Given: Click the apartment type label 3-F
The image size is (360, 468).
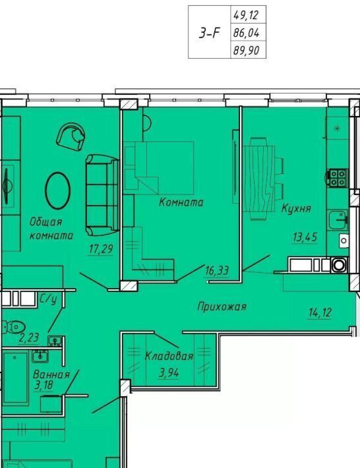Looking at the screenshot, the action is (209, 33).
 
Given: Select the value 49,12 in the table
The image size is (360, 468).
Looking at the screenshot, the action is (246, 15).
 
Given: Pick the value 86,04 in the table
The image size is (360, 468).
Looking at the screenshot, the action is (246, 32).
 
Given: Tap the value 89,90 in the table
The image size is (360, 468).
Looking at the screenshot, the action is (246, 50).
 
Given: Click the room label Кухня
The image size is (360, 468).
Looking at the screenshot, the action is (296, 208).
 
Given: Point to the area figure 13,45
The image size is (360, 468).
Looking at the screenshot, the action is (305, 237).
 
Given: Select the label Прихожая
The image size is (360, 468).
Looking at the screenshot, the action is (222, 307).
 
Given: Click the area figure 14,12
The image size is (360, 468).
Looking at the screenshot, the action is (320, 312).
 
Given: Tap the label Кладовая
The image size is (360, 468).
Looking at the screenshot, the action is (169, 356).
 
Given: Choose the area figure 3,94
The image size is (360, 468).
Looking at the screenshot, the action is (169, 373).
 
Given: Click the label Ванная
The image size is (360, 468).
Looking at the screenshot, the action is (51, 374).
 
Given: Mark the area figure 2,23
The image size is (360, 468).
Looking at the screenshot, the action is (29, 338).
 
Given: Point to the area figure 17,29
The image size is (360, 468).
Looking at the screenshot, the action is (101, 249).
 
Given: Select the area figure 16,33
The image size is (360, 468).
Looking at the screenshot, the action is (217, 271).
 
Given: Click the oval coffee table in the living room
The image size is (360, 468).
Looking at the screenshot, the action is (57, 190).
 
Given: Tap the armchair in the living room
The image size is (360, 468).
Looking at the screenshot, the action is (71, 136).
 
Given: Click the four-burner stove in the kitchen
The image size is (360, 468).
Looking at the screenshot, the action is (338, 178).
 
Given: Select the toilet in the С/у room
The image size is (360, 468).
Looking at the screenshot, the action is (14, 327).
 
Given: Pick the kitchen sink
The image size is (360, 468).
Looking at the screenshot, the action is (338, 219).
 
